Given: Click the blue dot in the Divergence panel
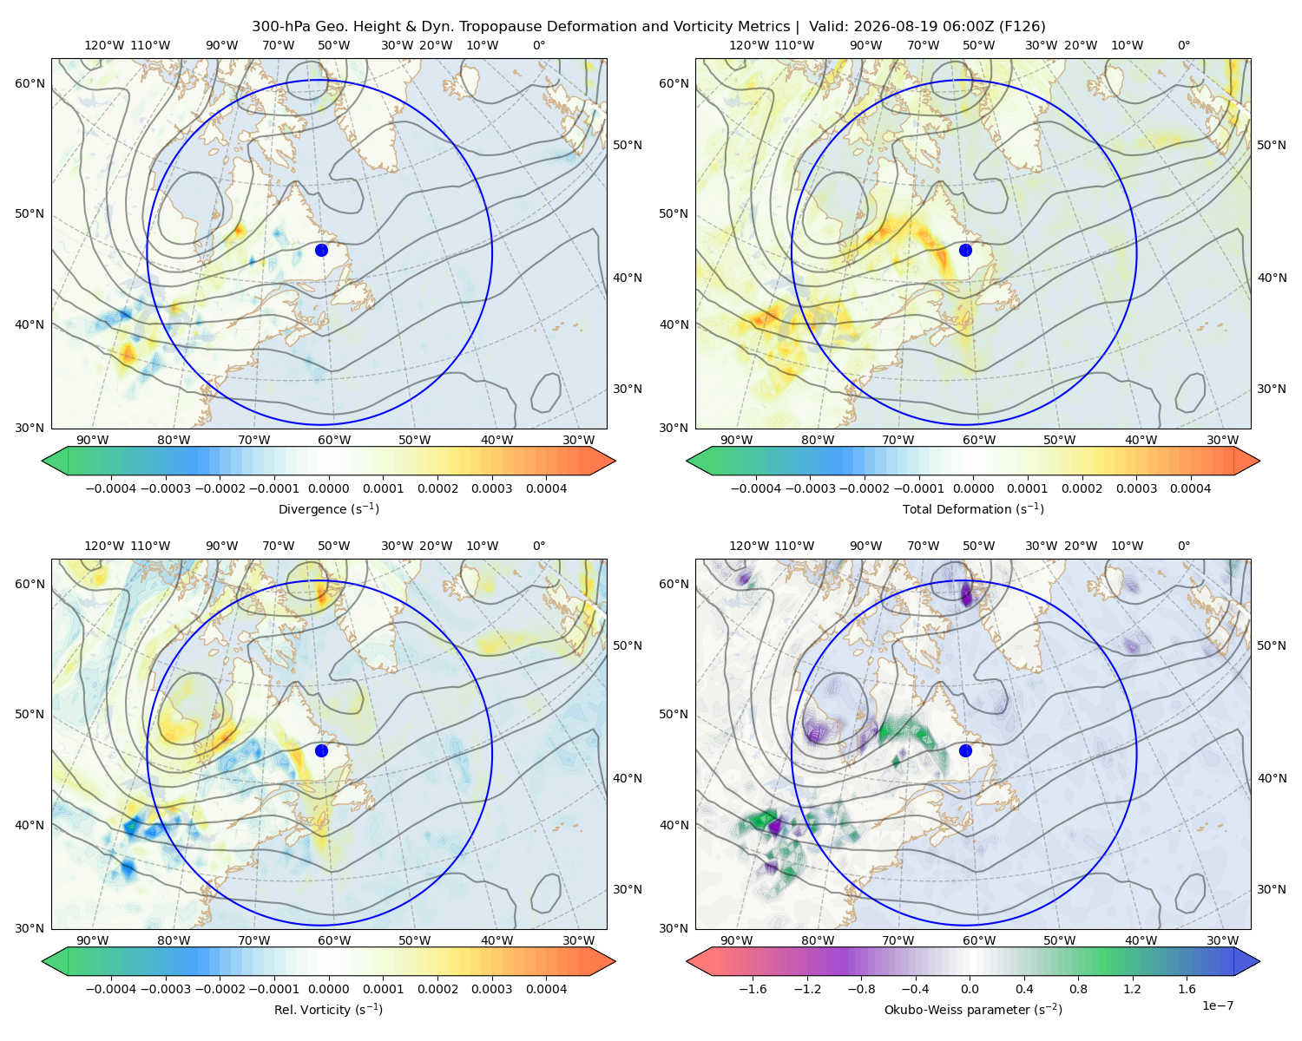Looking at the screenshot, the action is point(321,250).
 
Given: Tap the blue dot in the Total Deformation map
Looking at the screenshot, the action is point(965,250).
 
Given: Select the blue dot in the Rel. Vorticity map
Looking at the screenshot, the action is point(321,750).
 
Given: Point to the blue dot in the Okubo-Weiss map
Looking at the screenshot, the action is point(965,750).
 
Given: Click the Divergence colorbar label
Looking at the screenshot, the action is point(328,509).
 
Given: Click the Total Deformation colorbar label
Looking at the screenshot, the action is point(973,509).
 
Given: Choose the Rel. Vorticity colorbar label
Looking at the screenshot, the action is point(328,1010).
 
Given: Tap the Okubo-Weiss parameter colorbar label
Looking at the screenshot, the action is point(973,1010).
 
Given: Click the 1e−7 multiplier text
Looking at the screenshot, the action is point(1217,1005).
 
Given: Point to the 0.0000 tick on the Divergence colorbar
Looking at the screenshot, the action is point(328,488).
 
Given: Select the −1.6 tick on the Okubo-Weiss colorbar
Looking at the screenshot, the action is point(753,989).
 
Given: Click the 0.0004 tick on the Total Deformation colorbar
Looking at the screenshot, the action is point(1191,488).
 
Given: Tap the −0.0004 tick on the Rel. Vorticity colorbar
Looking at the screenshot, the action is point(111,989).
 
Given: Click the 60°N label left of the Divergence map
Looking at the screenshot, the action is point(30,83).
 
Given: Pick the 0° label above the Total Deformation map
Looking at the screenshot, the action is point(1184,45).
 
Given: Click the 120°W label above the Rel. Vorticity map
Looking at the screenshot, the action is point(104,546).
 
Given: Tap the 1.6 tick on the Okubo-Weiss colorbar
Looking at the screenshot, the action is point(1187,989).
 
